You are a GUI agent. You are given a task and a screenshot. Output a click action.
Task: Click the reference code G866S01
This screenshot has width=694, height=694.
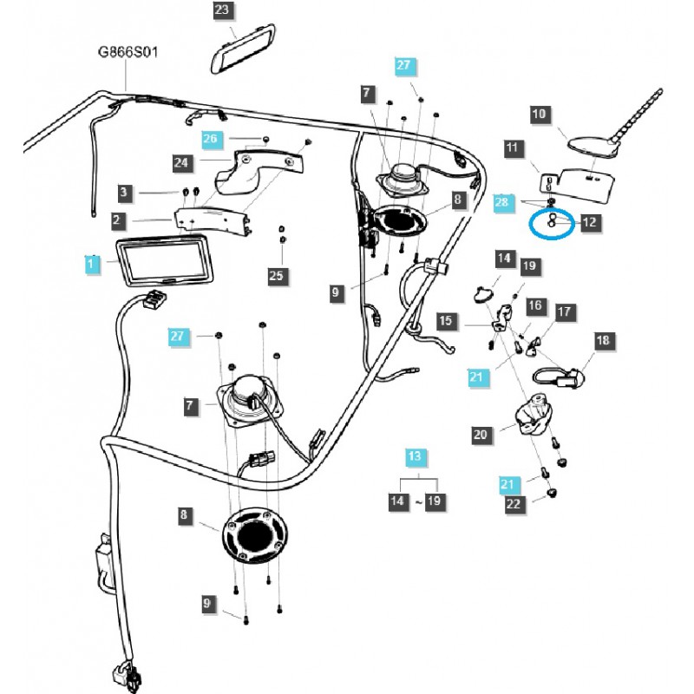pyautogui.click(x=127, y=52)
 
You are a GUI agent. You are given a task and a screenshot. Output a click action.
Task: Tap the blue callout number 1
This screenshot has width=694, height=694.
pyautogui.click(x=91, y=261)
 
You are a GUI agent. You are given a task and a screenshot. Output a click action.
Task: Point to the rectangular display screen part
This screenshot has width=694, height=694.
pyautogui.click(x=166, y=260)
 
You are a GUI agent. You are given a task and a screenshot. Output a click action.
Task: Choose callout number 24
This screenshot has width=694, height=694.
pyautogui.click(x=181, y=161)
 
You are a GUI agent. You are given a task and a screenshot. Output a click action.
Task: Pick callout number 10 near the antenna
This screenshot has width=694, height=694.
pyautogui.click(x=540, y=114)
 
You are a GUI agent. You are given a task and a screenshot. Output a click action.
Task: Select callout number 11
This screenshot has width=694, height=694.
pyautogui.click(x=512, y=148)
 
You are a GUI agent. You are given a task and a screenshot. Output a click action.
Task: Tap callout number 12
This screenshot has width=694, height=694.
pyautogui.click(x=589, y=222)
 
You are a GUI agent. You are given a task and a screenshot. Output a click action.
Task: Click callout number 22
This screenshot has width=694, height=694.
pyautogui.click(x=514, y=502)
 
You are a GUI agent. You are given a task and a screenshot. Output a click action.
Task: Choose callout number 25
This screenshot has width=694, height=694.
pyautogui.click(x=276, y=276)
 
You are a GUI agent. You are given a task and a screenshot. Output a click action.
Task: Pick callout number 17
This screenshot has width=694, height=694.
pyautogui.click(x=564, y=311)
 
